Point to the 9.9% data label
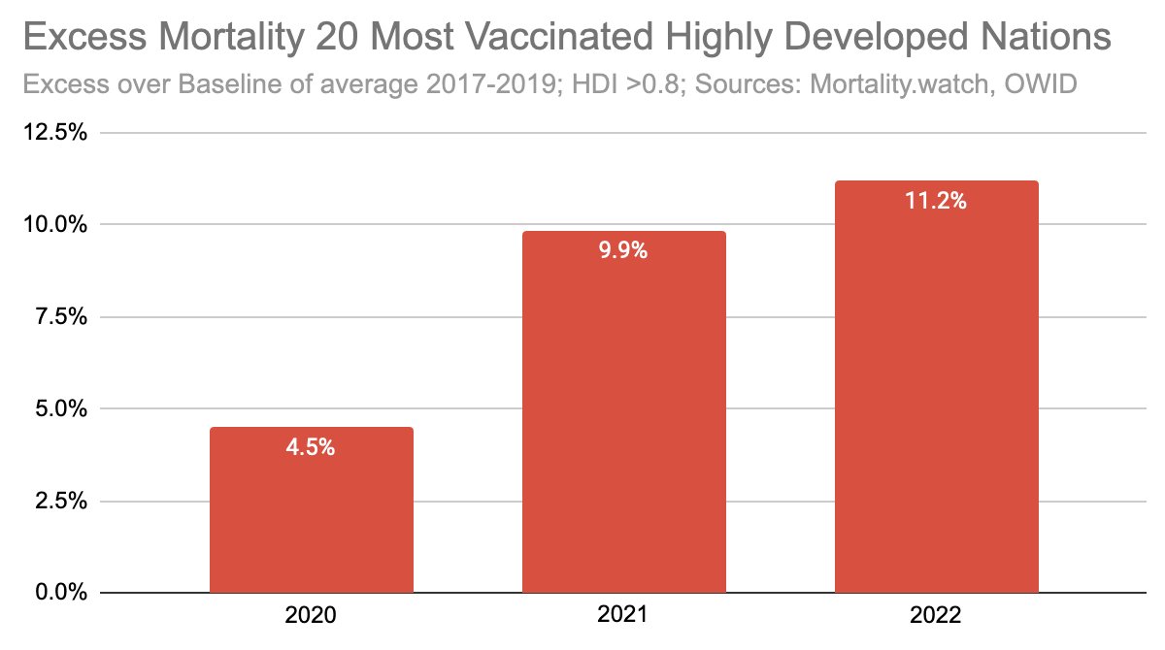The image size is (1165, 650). point(624,251)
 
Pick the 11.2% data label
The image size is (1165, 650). point(937,202)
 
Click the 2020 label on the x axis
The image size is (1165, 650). point(312,616)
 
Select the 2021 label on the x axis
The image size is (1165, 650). point(624,616)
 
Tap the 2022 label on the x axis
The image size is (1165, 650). point(937,616)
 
